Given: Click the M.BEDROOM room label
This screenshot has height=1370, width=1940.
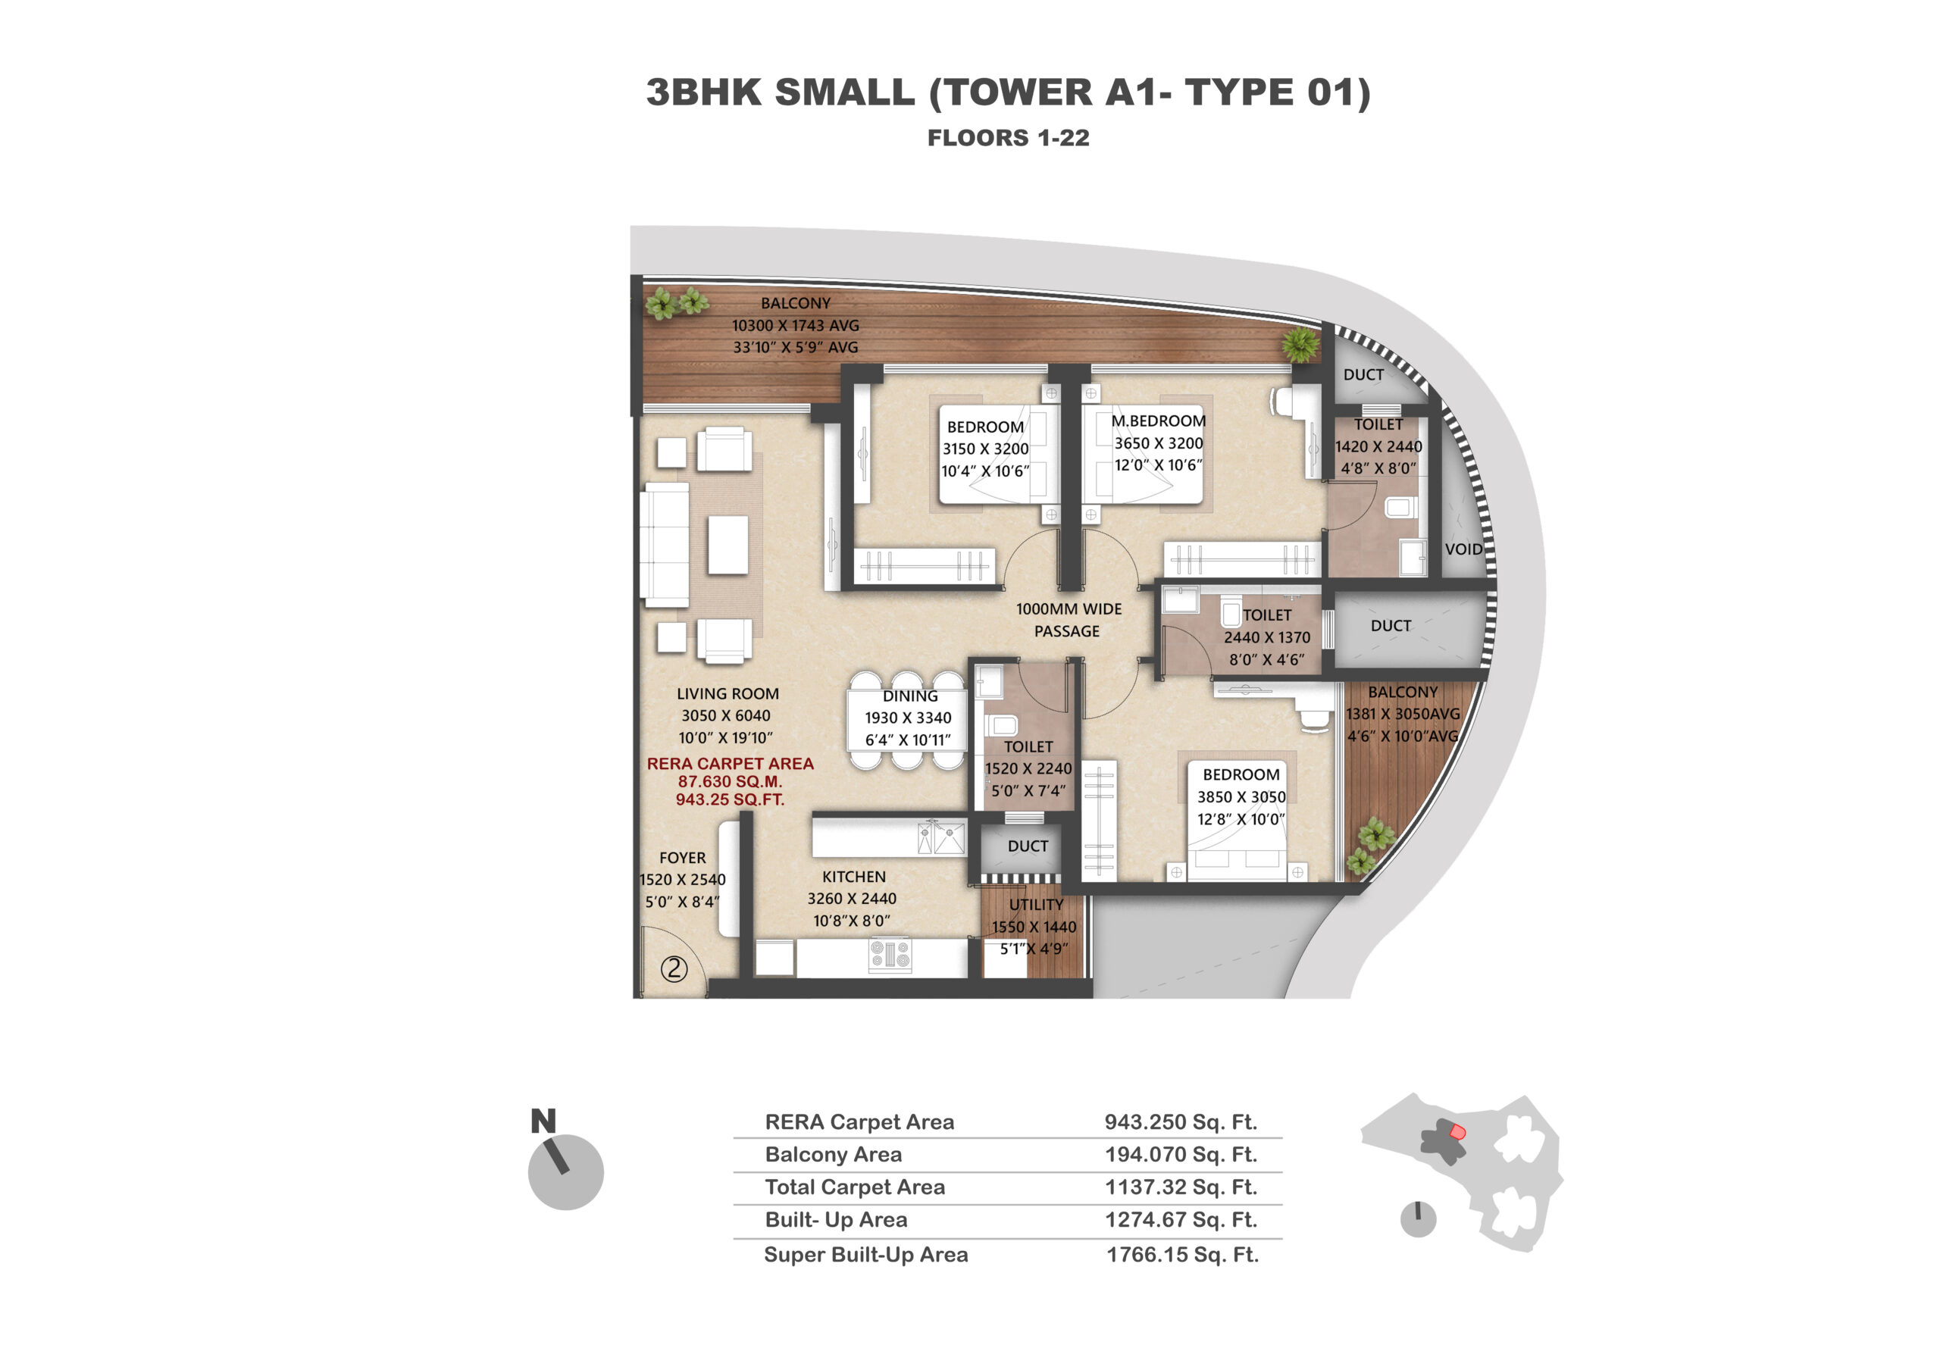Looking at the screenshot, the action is tap(1159, 421).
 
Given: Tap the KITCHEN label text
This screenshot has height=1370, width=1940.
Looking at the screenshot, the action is tap(853, 877).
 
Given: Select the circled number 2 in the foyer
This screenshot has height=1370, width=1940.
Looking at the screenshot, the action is tap(674, 968).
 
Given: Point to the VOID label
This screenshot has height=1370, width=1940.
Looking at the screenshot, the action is tap(1463, 549).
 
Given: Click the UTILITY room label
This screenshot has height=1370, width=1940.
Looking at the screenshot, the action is tap(1036, 905).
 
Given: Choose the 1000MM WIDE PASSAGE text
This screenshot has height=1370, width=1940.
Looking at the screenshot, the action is tap(1068, 620).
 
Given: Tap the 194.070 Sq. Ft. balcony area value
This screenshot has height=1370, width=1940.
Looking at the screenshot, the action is tap(1181, 1154).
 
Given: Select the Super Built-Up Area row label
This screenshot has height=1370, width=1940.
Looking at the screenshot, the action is tap(866, 1254).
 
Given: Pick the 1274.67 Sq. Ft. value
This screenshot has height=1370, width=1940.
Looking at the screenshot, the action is tap(1181, 1220).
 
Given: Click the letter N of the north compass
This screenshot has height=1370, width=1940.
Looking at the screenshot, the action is tap(543, 1121).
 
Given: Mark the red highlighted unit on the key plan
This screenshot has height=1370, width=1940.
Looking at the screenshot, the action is tap(1457, 1132).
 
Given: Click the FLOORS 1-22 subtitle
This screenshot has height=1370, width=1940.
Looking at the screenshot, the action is tap(1008, 138).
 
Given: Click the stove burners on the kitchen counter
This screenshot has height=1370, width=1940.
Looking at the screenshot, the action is tap(890, 956).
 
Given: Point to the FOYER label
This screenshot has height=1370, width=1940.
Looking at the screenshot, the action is tap(683, 857).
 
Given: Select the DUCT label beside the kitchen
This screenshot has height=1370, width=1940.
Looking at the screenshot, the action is tap(1028, 846).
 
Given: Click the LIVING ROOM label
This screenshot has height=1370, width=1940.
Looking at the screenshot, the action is tap(727, 693).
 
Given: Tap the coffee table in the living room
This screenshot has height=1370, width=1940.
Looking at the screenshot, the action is tap(727, 545).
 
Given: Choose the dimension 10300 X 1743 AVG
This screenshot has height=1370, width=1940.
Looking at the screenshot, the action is tap(795, 325).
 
